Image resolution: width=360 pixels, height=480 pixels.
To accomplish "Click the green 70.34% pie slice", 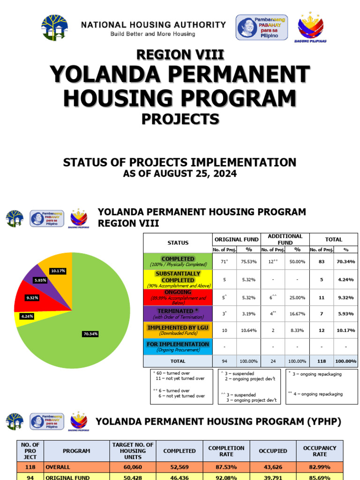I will point(94,323).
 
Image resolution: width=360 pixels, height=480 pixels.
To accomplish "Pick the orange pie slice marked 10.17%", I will point(59,268).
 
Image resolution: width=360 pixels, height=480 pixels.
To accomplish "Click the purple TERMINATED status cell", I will point(178,314).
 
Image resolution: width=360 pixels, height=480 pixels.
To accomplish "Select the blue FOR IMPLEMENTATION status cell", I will point(178,347).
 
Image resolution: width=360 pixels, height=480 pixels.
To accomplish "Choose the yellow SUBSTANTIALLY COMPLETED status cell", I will point(178,279).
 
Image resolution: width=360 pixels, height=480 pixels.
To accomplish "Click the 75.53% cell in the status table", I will point(249,262).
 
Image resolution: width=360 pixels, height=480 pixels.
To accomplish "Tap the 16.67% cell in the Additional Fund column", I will point(297,314).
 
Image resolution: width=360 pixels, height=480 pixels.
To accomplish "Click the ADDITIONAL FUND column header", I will point(285,239).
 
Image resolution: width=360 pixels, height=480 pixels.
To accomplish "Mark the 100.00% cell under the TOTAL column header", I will point(346,361).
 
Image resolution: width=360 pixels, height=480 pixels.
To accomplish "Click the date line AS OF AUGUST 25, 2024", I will point(180,174).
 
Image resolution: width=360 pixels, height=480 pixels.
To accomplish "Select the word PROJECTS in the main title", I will point(180,119).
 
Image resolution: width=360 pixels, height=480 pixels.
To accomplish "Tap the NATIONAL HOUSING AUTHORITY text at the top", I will point(153,24).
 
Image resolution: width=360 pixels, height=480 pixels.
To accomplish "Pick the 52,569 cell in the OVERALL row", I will point(179,467).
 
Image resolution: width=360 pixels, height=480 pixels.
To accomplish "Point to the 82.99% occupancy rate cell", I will point(320,467).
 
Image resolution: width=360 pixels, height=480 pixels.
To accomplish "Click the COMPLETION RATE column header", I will point(226,451).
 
